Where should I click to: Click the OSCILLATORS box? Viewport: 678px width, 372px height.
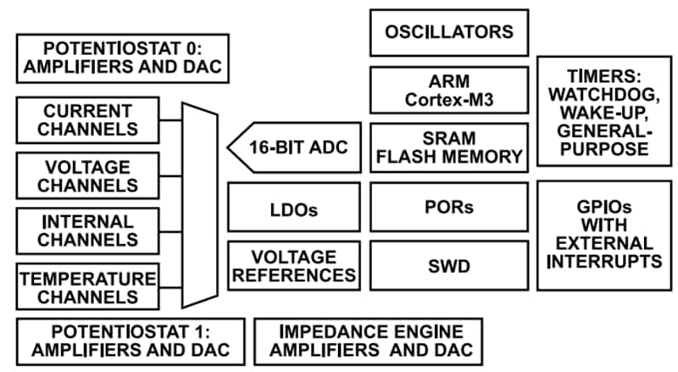pos(449,33)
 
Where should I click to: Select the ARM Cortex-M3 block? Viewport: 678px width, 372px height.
pos(449,91)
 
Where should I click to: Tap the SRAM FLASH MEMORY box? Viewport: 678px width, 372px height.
pos(449,147)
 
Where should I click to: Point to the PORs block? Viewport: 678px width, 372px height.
pos(449,207)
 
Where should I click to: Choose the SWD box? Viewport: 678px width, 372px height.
pos(449,266)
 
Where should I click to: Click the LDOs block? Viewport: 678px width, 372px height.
pos(293,208)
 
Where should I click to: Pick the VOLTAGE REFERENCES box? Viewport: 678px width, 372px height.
pos(293,266)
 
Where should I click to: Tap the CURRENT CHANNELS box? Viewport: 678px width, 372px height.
pos(87,120)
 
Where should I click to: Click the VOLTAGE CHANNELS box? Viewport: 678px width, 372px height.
pos(87,175)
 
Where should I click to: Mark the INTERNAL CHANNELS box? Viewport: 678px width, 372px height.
pos(87,230)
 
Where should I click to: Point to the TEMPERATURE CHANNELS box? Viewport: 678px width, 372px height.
pos(87,286)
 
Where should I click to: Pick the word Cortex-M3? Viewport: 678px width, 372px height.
pos(449,101)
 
